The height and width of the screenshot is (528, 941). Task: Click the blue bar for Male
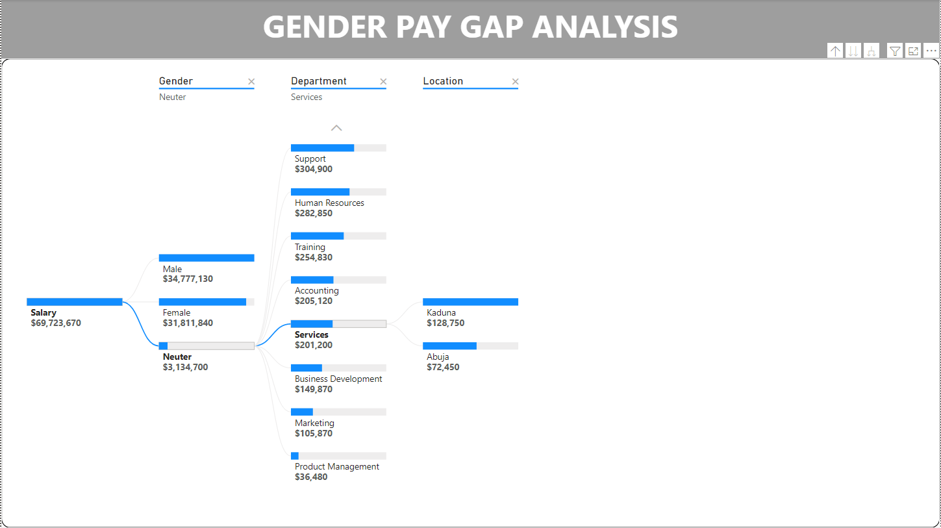pos(207,258)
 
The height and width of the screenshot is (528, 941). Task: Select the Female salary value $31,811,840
pos(188,323)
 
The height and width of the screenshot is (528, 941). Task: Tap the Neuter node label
pos(177,357)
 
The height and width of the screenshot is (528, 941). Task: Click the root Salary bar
pos(75,302)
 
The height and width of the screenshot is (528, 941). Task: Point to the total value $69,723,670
pos(56,323)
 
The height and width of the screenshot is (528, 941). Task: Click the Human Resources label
pos(329,203)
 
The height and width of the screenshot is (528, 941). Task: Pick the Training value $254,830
pos(314,257)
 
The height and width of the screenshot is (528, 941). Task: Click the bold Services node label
pos(312,334)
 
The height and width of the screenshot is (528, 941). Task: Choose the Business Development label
pos(338,379)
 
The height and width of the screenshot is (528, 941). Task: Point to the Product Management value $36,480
pos(311,477)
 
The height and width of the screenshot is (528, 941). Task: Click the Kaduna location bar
pos(470,302)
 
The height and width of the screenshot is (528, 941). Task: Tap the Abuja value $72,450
pos(443,367)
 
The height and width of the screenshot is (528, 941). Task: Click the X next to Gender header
pos(251,82)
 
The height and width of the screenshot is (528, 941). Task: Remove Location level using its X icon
pos(516,82)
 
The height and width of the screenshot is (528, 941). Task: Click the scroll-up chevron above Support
pos(336,128)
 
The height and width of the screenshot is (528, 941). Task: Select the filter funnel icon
pos(895,51)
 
